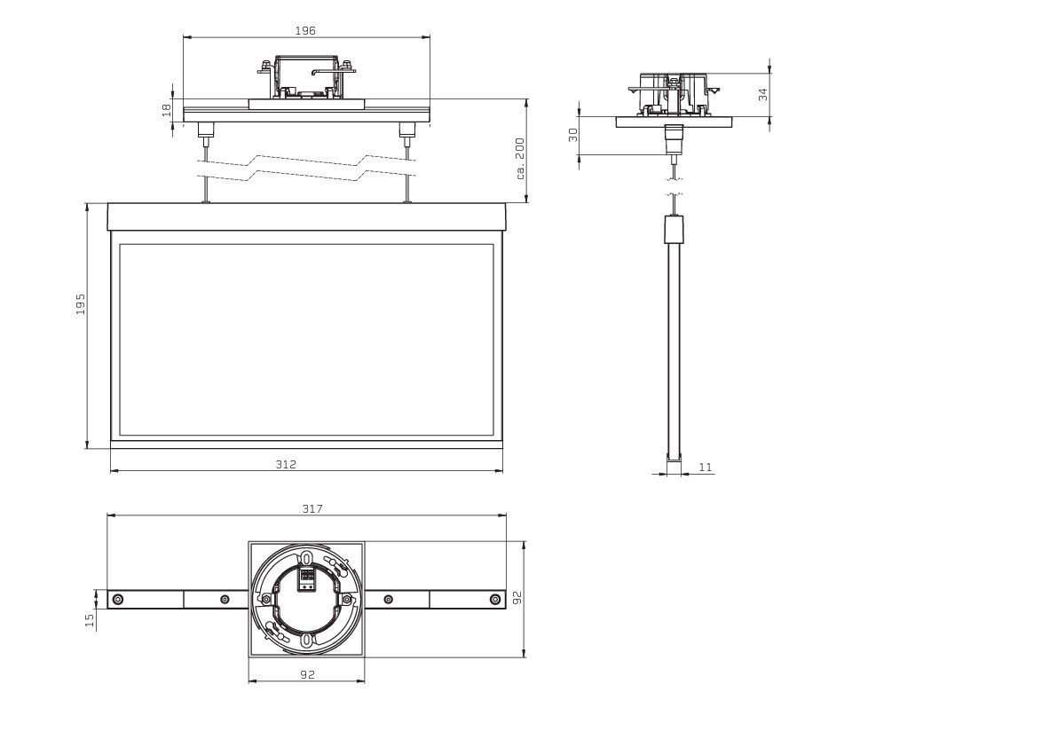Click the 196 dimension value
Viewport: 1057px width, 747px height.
[305, 30]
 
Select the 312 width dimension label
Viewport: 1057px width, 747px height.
[286, 464]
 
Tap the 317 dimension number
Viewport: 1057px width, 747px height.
[312, 508]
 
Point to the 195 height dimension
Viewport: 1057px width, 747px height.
[81, 303]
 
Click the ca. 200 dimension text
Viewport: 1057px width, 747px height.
[520, 159]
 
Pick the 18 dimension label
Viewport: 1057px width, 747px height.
[167, 110]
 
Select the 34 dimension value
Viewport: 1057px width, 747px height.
[762, 94]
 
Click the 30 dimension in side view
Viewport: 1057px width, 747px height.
[573, 135]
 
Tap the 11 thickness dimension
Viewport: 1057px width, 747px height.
[706, 466]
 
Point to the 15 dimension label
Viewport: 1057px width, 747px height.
[91, 620]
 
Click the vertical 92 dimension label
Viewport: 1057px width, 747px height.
[517, 597]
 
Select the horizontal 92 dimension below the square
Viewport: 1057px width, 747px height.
[307, 674]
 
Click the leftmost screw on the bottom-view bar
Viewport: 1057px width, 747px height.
[119, 599]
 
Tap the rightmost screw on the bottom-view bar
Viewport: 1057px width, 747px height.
[495, 599]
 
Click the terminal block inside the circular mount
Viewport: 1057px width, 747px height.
[307, 578]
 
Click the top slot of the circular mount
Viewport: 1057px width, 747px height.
[307, 559]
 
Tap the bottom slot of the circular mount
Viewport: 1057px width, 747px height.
[307, 640]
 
